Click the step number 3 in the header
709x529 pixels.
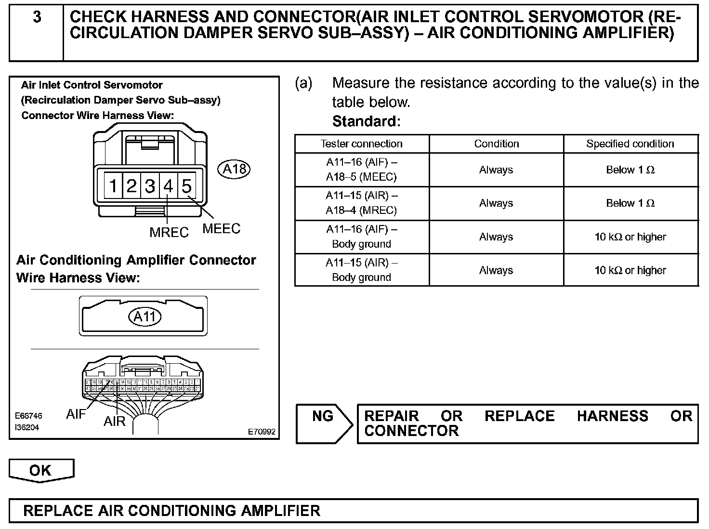click(x=37, y=18)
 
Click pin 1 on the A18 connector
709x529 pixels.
click(x=113, y=185)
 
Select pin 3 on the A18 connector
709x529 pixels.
click(x=150, y=185)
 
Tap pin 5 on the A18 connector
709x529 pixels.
click(x=186, y=185)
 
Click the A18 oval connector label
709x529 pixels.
click(x=235, y=169)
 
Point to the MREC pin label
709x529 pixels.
click(x=169, y=232)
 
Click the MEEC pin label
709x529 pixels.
click(x=221, y=228)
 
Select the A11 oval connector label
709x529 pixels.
click(x=144, y=317)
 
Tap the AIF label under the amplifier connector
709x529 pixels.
click(x=76, y=414)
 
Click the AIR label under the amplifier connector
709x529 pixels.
click(x=114, y=422)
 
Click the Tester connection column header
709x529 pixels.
click(x=361, y=144)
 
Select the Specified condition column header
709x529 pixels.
click(x=630, y=144)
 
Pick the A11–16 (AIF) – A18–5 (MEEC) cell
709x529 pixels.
click(x=361, y=170)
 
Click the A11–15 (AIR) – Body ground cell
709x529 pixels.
click(x=361, y=270)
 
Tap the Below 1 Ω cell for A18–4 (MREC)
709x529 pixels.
click(x=630, y=203)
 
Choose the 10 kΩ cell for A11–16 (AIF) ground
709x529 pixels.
click(x=630, y=237)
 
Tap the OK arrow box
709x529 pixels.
click(x=40, y=470)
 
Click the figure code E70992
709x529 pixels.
click(x=262, y=432)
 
